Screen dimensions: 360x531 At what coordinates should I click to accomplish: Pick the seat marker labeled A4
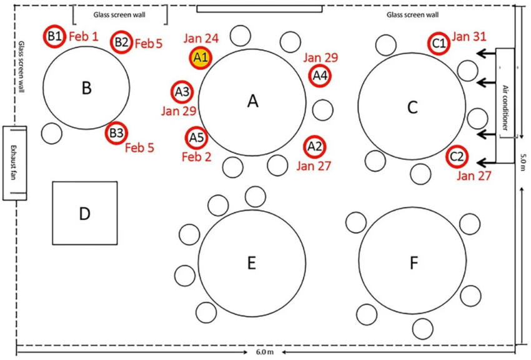(x=320, y=76)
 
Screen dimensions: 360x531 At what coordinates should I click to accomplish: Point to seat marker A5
(x=196, y=137)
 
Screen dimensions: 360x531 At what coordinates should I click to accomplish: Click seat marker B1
(x=55, y=36)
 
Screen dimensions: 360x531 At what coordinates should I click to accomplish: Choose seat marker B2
(x=121, y=42)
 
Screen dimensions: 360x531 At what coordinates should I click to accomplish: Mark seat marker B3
(x=116, y=133)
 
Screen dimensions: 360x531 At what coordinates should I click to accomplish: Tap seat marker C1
(x=439, y=44)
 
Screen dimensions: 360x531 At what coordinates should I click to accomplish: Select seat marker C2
(x=457, y=156)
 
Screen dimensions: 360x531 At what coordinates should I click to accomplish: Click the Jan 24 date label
(x=201, y=39)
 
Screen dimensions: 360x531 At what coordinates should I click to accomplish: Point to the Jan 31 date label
(x=469, y=37)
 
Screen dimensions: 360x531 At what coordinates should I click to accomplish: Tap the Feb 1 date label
(x=83, y=37)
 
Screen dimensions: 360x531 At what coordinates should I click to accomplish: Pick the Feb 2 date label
(x=196, y=156)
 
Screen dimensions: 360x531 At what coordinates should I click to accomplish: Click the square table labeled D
(x=84, y=213)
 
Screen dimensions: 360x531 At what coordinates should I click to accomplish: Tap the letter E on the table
(x=252, y=263)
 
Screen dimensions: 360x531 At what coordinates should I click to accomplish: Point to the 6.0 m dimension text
(x=265, y=352)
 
